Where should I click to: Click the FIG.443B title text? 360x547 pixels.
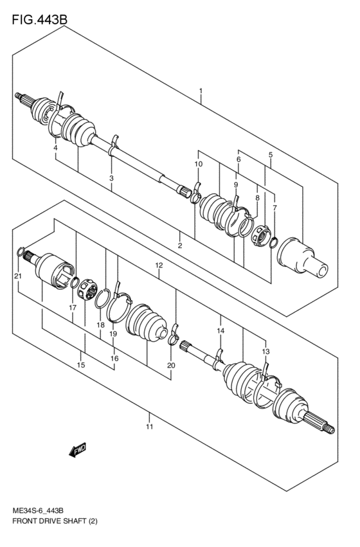(39, 20)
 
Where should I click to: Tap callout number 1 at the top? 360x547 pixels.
(201, 91)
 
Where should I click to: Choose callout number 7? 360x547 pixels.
(274, 208)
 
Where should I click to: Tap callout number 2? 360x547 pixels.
(180, 246)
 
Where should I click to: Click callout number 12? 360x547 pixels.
(159, 265)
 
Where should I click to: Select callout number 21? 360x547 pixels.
(17, 276)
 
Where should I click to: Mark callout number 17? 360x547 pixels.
(73, 308)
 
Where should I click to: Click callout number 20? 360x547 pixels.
(170, 365)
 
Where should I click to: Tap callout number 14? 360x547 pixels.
(221, 330)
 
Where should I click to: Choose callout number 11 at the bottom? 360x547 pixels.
(148, 426)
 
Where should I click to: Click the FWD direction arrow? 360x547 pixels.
(76, 451)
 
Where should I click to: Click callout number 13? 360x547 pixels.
(265, 352)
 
